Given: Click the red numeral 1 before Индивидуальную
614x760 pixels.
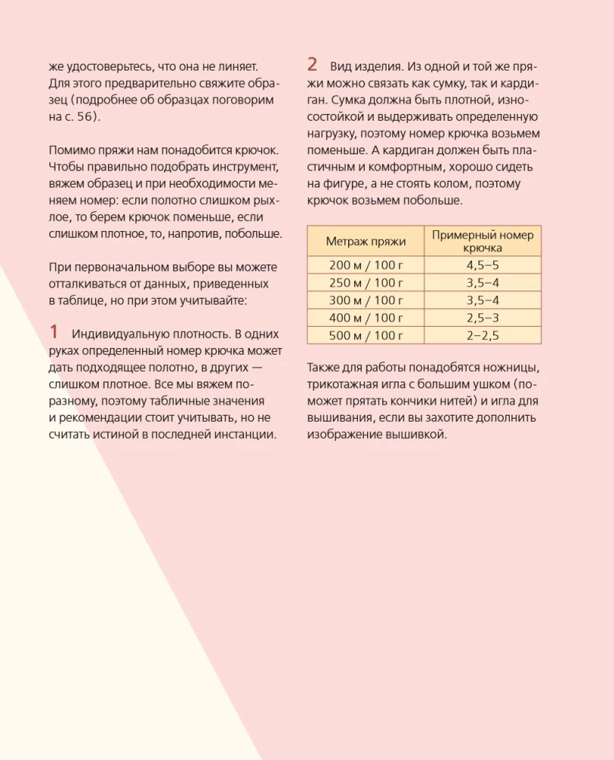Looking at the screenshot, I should pyautogui.click(x=54, y=331).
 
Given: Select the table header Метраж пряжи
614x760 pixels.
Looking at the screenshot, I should pyautogui.click(x=366, y=241).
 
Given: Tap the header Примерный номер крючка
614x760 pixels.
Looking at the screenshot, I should pyautogui.click(x=483, y=241).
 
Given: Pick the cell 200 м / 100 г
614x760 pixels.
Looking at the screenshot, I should pyautogui.click(x=366, y=265).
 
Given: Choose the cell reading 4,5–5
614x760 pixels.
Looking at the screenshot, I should pyautogui.click(x=483, y=265).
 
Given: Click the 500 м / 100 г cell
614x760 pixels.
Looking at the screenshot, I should pyautogui.click(x=366, y=335).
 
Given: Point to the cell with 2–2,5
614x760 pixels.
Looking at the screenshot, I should pyautogui.click(x=483, y=335).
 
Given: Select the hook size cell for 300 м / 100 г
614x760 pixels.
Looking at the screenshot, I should pyautogui.click(x=483, y=300).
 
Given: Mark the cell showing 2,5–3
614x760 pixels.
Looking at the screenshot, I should pyautogui.click(x=483, y=318).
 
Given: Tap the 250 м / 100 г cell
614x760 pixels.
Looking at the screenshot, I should pyautogui.click(x=366, y=283).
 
